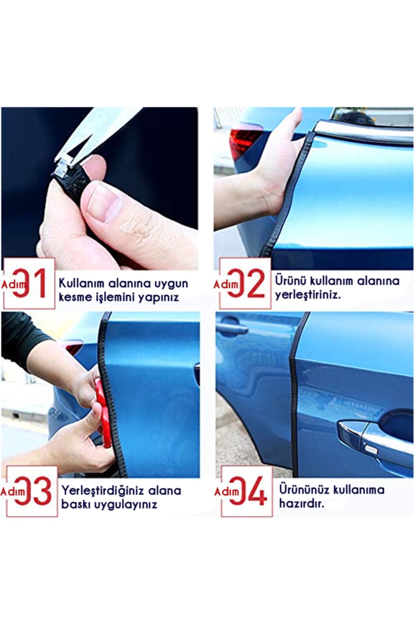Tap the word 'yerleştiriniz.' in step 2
308,295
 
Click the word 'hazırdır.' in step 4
302,503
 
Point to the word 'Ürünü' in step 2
291,280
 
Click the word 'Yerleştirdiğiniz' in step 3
103,490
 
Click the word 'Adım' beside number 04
227,491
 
